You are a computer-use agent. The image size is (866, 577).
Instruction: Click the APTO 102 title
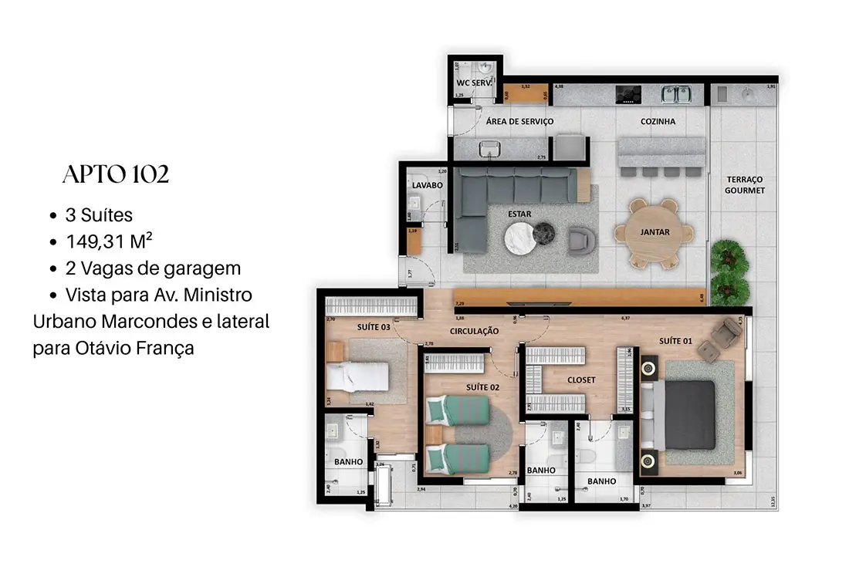[x=116, y=175]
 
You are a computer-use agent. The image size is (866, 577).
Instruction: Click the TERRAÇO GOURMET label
[x=745, y=184]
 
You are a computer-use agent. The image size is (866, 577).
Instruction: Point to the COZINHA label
[x=658, y=122]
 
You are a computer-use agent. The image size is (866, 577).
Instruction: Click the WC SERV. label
[x=474, y=82]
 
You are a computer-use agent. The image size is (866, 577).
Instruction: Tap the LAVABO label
[x=426, y=186]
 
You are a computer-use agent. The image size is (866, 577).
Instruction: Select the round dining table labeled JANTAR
[x=654, y=232]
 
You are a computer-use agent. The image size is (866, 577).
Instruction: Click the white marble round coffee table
[x=520, y=238]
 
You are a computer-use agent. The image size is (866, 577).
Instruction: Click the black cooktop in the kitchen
[x=628, y=94]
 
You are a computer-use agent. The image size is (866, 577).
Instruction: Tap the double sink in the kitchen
[x=675, y=94]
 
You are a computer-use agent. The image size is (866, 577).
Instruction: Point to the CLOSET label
[x=580, y=380]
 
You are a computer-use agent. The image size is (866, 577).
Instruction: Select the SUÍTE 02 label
[x=483, y=386]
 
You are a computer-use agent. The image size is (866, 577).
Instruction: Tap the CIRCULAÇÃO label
[x=475, y=331]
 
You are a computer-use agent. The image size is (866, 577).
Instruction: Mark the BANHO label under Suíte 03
[x=349, y=462]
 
